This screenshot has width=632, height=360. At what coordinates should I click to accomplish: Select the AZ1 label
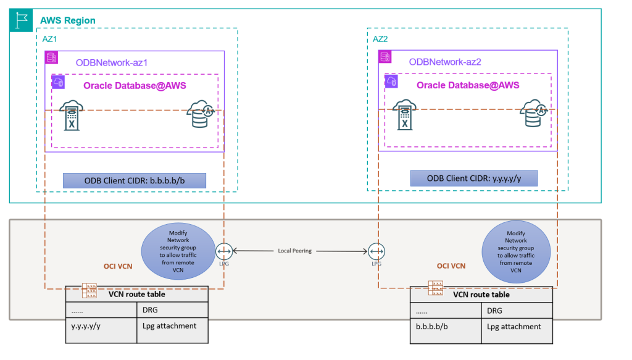point(51,38)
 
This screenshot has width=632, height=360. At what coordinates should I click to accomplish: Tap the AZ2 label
point(381,38)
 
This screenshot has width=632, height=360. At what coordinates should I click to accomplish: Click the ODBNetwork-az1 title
point(112,62)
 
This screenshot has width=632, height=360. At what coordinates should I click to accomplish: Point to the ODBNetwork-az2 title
point(445,62)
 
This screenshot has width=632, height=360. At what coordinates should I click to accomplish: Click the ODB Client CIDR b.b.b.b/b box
point(134,180)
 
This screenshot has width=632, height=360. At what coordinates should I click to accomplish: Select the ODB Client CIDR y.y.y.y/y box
point(474,178)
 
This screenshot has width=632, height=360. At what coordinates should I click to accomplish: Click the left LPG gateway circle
point(223,251)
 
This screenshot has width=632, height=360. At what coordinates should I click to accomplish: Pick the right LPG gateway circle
point(376,251)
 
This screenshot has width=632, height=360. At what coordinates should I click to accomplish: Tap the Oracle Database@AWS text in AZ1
point(135,86)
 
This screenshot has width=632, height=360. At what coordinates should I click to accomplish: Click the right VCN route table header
point(481,295)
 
